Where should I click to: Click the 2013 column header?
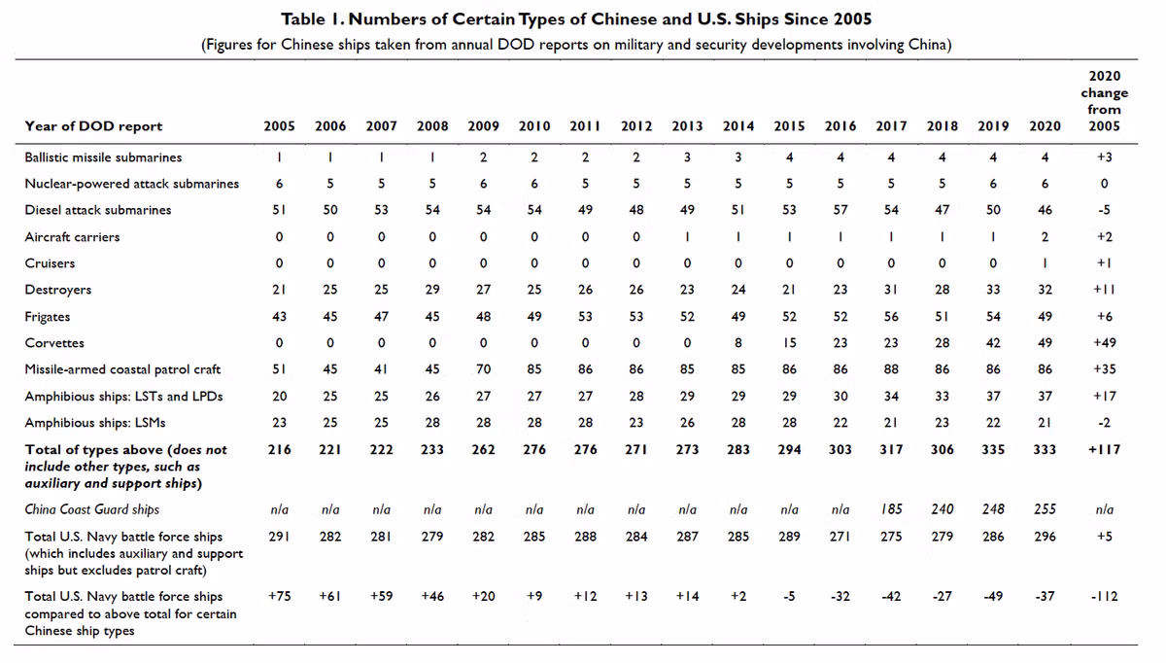pyautogui.click(x=687, y=126)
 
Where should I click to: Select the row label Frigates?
pyautogui.click(x=48, y=317)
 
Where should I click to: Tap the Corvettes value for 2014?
pyautogui.click(x=738, y=343)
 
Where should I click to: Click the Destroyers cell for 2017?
pyautogui.click(x=891, y=290)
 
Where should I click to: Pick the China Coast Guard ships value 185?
pyautogui.click(x=891, y=508)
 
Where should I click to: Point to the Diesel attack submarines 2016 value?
pyautogui.click(x=840, y=210)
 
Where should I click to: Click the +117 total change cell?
pyautogui.click(x=1104, y=449)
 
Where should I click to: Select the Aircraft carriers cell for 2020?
pyautogui.click(x=1045, y=237)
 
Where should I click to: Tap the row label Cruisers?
pyautogui.click(x=50, y=263)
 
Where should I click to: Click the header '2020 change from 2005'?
pyautogui.click(x=1104, y=101)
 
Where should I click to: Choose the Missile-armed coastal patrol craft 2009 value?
pyautogui.click(x=483, y=369)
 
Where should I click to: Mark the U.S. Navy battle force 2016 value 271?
pyautogui.click(x=840, y=537)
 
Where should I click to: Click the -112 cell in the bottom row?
pyautogui.click(x=1104, y=596)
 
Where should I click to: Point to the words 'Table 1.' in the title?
pyautogui.click(x=312, y=19)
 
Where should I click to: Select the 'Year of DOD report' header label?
pyautogui.click(x=93, y=126)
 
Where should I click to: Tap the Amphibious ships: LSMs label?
pyautogui.click(x=95, y=422)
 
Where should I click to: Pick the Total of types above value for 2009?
pyautogui.click(x=483, y=449)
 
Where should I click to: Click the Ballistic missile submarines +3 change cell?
pyautogui.click(x=1104, y=157)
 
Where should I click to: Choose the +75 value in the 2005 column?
pyautogui.click(x=279, y=596)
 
